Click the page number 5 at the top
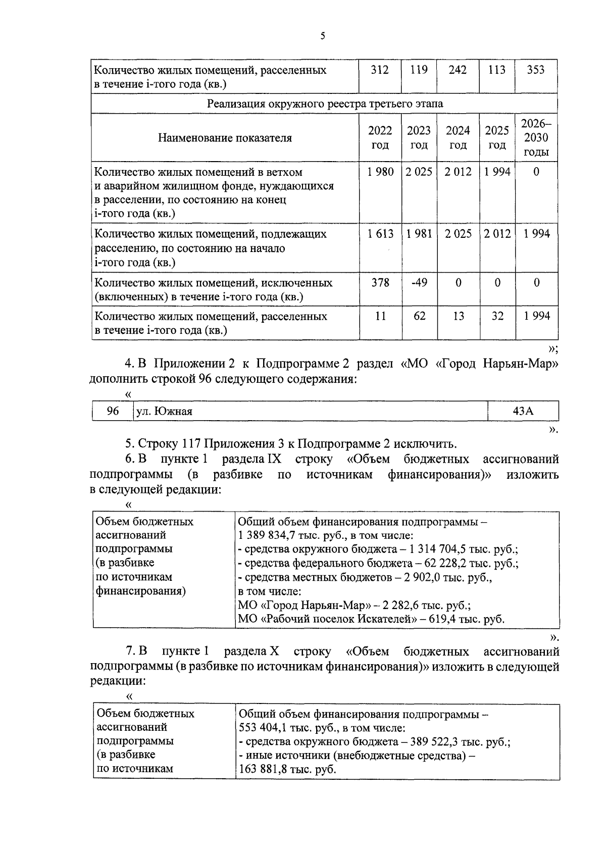point(322,36)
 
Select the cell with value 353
point(535,70)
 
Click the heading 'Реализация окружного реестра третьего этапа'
point(325,104)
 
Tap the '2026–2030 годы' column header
point(536,138)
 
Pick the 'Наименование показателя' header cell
point(225,138)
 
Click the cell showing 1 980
point(380,172)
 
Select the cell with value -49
point(419,282)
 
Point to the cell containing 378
point(380,282)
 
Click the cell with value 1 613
point(380,234)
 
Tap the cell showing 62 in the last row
point(419,316)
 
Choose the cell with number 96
point(113,411)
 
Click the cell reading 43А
point(523,411)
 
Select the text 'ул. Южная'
point(165,412)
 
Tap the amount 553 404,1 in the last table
point(263,729)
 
